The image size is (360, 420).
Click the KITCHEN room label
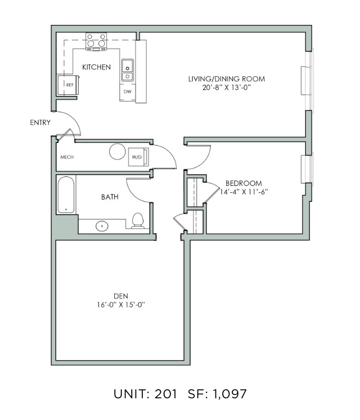(96, 67)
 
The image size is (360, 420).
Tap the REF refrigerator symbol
(68, 85)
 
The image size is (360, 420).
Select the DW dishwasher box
(128, 92)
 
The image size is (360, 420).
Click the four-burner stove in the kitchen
(96, 41)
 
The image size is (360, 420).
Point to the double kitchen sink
(128, 70)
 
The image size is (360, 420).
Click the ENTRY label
(40, 122)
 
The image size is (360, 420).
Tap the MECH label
(67, 157)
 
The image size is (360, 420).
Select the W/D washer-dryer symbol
(138, 157)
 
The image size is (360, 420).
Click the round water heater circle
(118, 151)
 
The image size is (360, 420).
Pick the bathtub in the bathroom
(66, 194)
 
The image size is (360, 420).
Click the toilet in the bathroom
(138, 221)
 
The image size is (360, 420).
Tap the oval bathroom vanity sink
(102, 226)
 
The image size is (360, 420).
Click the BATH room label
(110, 197)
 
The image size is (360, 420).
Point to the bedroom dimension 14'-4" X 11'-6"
(244, 192)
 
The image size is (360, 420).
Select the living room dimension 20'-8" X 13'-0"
(227, 87)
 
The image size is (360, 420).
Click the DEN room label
(121, 296)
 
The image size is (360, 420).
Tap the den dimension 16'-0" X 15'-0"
(121, 305)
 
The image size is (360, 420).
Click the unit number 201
(166, 394)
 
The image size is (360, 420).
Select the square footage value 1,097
(229, 394)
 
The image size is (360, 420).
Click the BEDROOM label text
(244, 183)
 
